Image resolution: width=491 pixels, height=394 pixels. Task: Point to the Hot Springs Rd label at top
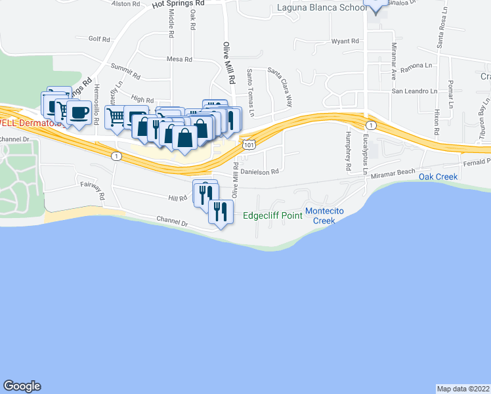178,3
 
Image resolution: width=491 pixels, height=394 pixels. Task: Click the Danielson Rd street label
260,171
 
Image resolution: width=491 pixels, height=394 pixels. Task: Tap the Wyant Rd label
345,41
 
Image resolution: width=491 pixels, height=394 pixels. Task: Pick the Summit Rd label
122,67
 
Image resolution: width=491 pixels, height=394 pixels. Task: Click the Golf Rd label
99,39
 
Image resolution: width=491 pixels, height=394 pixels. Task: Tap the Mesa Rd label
179,59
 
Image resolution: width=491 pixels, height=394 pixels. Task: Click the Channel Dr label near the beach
172,222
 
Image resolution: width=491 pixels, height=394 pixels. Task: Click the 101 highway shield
248,143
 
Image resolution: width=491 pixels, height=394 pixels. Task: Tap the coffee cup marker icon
79,112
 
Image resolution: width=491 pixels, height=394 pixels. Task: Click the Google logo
22,386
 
